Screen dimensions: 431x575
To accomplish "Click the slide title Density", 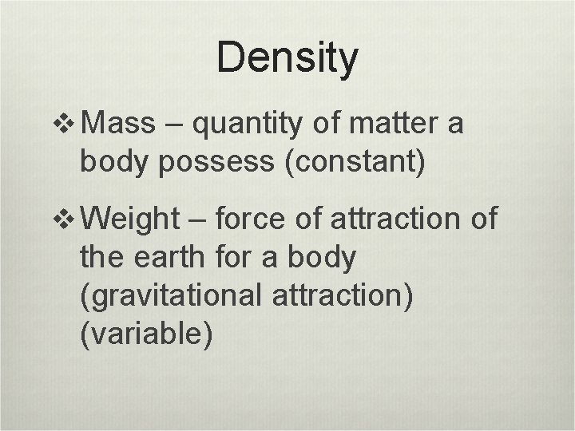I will pyautogui.click(x=287, y=59).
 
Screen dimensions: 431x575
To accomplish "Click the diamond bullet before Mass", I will pyautogui.click(x=69, y=125).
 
